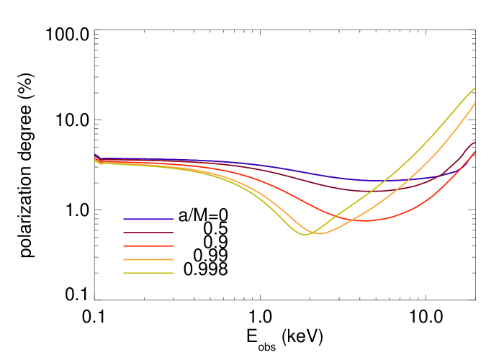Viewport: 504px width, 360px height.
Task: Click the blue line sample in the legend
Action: [x=148, y=219]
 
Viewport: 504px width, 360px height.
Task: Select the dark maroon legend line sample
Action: [x=148, y=233]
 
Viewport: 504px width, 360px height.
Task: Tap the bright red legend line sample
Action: [x=148, y=246]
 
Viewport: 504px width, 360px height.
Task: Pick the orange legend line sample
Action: [x=148, y=259]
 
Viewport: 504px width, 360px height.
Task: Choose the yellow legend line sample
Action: [x=148, y=273]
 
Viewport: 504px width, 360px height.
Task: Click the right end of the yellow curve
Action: [x=475, y=87]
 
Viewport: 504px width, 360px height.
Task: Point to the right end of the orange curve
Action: [x=475, y=103]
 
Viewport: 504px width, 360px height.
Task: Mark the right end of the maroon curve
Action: [x=475, y=143]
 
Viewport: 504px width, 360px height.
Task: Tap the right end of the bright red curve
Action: [x=475, y=153]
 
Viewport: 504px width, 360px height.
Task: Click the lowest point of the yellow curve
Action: [x=305, y=235]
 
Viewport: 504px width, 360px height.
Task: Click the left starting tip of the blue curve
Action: [x=94, y=154]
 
